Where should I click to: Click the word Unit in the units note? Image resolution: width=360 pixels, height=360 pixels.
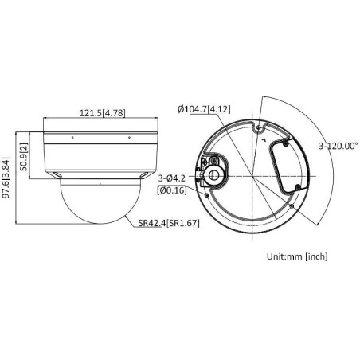click(x=276, y=256)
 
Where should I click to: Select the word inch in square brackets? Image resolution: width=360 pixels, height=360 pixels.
click(x=315, y=256)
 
